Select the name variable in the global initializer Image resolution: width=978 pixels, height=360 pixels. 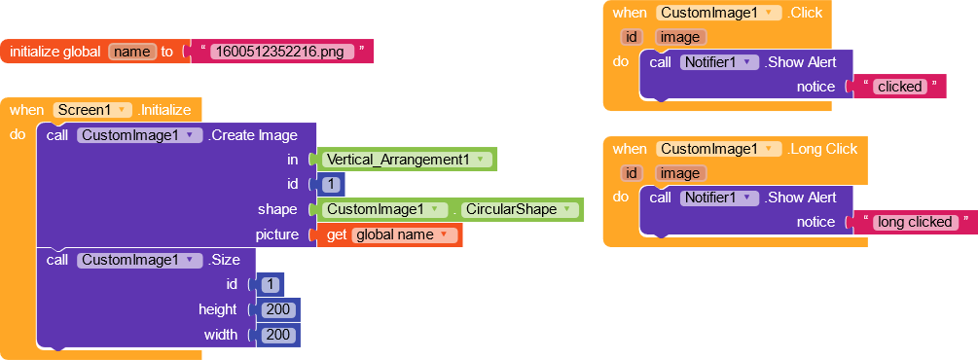[x=132, y=52]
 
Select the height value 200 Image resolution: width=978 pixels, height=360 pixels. [x=278, y=309]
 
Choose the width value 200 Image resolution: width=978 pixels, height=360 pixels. [x=278, y=335]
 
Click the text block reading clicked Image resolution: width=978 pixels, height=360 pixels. [x=899, y=87]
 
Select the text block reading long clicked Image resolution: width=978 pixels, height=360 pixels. [x=915, y=222]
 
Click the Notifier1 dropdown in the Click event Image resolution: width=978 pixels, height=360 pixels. [x=718, y=62]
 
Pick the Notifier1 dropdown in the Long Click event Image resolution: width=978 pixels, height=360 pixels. [x=718, y=198]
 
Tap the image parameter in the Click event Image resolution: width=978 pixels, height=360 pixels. [x=680, y=37]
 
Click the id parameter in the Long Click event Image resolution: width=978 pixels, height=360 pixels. [x=631, y=173]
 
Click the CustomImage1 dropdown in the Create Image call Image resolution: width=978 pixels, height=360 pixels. [x=139, y=135]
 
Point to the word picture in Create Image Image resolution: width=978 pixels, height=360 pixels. [x=276, y=234]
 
